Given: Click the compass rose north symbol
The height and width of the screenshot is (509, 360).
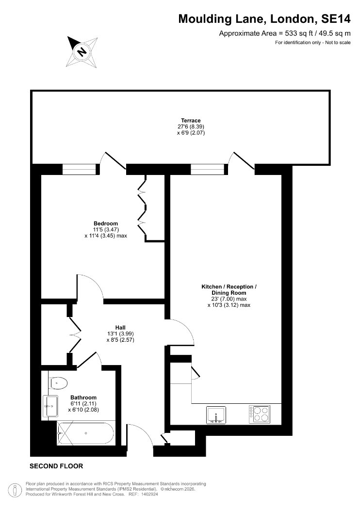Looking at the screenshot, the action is pyautogui.click(x=82, y=51).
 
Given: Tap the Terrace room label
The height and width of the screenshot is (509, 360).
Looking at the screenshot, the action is pyautogui.click(x=191, y=120).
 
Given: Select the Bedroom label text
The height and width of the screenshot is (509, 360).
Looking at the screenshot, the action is pyautogui.click(x=106, y=223).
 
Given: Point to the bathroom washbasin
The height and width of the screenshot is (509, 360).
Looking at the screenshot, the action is pyautogui.click(x=50, y=406).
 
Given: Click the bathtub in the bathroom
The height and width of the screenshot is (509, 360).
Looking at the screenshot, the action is pyautogui.click(x=85, y=433).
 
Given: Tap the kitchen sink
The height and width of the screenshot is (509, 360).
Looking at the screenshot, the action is pyautogui.click(x=216, y=415).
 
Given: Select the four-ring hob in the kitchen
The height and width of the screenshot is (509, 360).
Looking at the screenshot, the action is pyautogui.click(x=259, y=414).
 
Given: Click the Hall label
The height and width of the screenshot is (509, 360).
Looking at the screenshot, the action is pyautogui.click(x=120, y=328).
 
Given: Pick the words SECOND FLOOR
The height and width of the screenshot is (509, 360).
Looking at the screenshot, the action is pyautogui.click(x=56, y=466).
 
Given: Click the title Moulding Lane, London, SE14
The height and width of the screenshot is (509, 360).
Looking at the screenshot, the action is pyautogui.click(x=264, y=19).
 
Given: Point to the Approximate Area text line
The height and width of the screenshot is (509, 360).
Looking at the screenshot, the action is pyautogui.click(x=285, y=33).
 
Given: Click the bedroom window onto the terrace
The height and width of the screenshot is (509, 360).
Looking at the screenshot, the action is pyautogui.click(x=80, y=169).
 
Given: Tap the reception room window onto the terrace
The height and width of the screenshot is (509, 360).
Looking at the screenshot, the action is pyautogui.click(x=207, y=169).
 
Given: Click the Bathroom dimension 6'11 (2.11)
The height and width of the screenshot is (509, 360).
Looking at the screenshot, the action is pyautogui.click(x=83, y=403).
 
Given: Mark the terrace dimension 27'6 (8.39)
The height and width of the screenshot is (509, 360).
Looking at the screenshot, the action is pyautogui.click(x=191, y=127).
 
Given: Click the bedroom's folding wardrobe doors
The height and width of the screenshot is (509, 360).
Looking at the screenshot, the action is pyautogui.click(x=142, y=208).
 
